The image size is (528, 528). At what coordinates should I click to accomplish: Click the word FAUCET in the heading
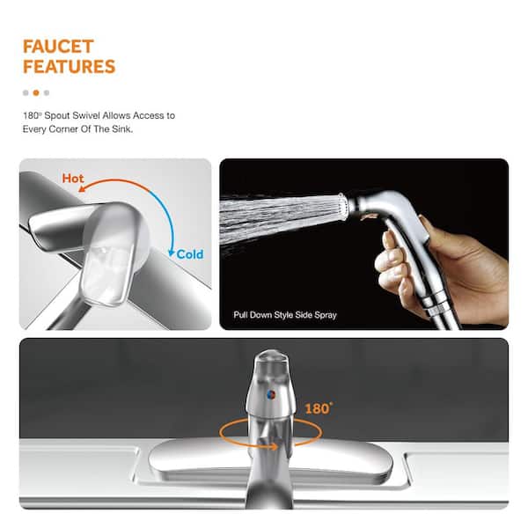point(58,46)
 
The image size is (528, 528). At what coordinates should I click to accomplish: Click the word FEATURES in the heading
point(69,66)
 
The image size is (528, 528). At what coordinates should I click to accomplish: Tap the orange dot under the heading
point(36,92)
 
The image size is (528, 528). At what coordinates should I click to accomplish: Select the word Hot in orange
point(73,179)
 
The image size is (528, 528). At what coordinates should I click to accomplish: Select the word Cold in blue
point(189,254)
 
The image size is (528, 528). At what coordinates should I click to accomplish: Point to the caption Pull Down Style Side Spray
point(284,314)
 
